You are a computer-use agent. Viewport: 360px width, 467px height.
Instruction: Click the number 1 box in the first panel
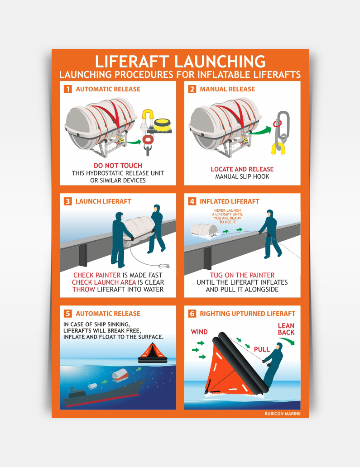(68, 89)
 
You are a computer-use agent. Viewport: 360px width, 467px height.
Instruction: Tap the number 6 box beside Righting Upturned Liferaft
(192, 314)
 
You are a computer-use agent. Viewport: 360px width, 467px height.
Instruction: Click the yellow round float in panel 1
(162, 124)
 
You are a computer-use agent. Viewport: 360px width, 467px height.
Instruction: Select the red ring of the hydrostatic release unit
(147, 139)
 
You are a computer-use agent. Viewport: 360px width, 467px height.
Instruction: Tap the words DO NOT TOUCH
(118, 166)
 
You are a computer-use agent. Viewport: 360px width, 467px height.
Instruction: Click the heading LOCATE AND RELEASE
(242, 169)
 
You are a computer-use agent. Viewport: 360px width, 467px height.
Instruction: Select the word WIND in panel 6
(199, 332)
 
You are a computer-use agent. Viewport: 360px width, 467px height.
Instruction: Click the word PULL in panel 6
(262, 349)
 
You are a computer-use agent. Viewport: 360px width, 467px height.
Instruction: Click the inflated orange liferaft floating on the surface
(153, 353)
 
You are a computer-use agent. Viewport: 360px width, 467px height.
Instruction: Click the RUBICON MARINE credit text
(283, 414)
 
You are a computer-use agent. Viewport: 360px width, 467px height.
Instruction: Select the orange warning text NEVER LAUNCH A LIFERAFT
(227, 216)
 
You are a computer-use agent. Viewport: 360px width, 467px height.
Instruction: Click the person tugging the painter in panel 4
(270, 234)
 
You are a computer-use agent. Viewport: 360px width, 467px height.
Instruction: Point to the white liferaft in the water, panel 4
(205, 230)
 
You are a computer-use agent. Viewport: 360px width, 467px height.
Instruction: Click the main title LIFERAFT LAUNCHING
(180, 62)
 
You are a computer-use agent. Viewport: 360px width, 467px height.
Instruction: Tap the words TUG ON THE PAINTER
(242, 275)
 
